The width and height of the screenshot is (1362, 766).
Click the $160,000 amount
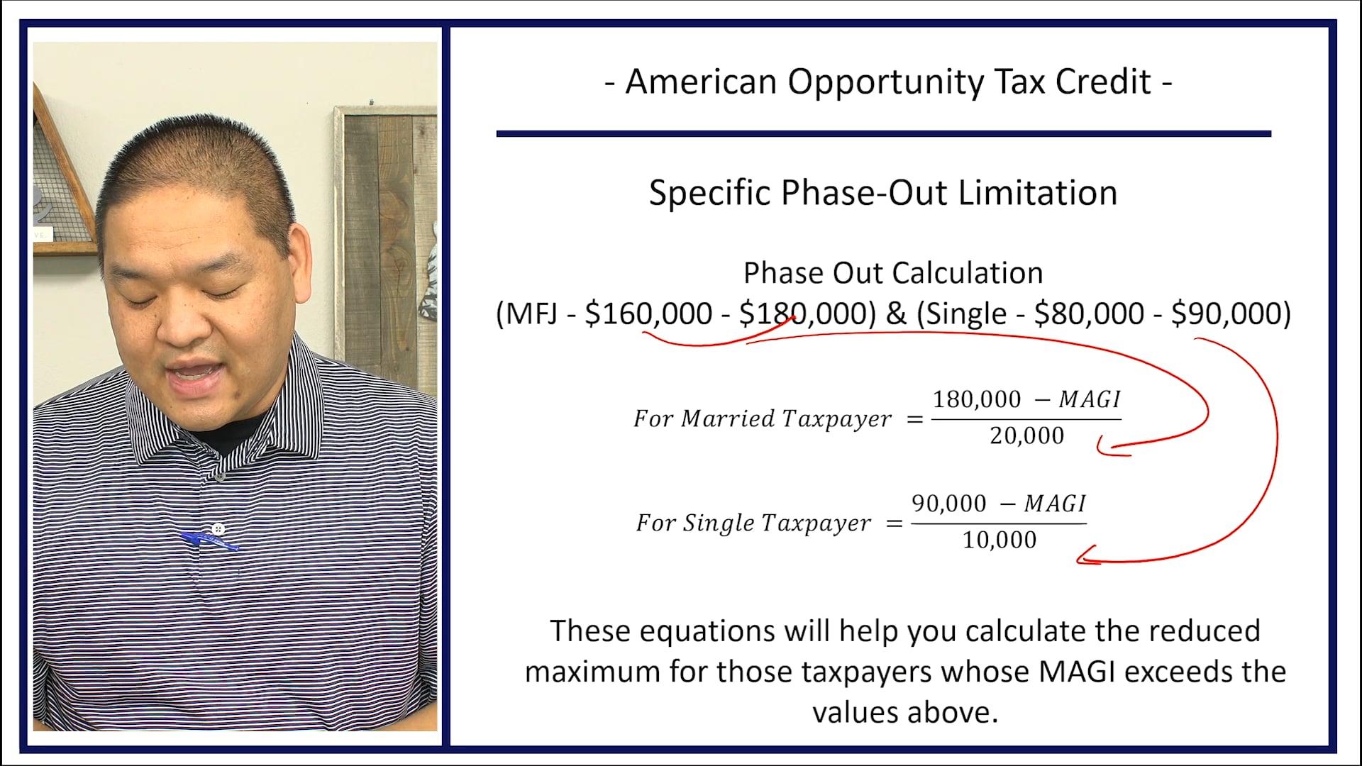pyautogui.click(x=648, y=313)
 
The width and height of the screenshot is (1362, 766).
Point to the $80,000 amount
pyautogui.click(x=1089, y=313)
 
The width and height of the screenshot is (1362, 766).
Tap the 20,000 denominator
pyautogui.click(x=1026, y=435)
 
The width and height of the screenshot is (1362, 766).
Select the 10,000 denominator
pyautogui.click(x=999, y=540)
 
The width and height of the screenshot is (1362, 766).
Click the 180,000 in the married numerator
pyautogui.click(x=976, y=399)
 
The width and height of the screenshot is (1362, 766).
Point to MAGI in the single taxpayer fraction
pyautogui.click(x=1054, y=504)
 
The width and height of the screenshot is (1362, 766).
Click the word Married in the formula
pyautogui.click(x=728, y=418)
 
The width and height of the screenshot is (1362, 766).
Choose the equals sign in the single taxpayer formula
pyautogui.click(x=895, y=524)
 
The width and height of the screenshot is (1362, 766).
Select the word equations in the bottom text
pyautogui.click(x=707, y=631)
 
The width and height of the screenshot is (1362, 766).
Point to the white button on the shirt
pyautogui.click(x=218, y=529)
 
